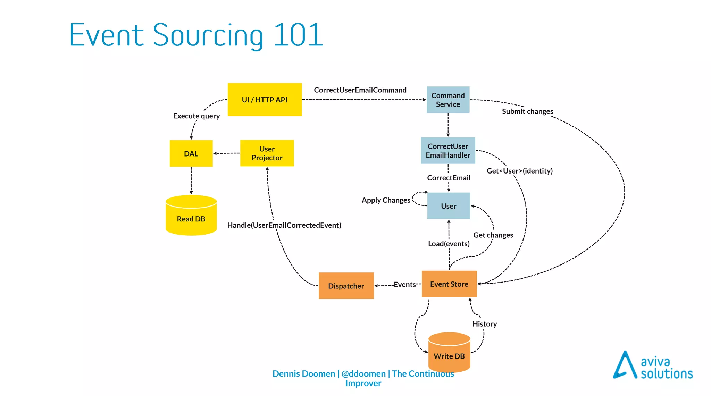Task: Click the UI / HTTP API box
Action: (x=265, y=100)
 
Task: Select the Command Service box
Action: (x=448, y=100)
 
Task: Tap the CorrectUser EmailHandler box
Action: (x=448, y=151)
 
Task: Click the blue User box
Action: (x=449, y=206)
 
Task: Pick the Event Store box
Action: (x=449, y=284)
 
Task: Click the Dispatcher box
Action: (x=346, y=286)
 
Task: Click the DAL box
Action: (x=191, y=153)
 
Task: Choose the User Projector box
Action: (x=267, y=153)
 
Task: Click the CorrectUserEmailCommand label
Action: (x=360, y=90)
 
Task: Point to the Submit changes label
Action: (x=527, y=111)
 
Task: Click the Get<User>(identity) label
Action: (x=519, y=171)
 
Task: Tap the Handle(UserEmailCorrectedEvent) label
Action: (x=284, y=225)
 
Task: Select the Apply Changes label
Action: (x=386, y=200)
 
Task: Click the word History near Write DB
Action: (x=484, y=324)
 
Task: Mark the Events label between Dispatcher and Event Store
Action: (x=404, y=285)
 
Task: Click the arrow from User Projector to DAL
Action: (x=226, y=153)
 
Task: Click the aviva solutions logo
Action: (x=653, y=366)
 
